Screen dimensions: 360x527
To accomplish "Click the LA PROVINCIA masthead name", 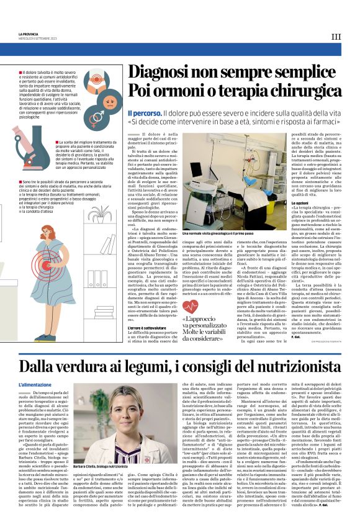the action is (x=29, y=34).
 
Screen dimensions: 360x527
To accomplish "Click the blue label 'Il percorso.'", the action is (x=145, y=114).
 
